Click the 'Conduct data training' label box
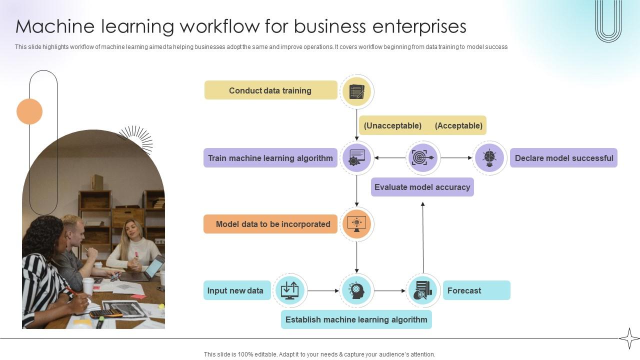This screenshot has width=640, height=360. point(270,90)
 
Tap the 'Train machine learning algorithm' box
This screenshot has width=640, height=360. point(270,158)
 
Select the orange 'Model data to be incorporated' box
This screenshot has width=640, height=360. point(270,224)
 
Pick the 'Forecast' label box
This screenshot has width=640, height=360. point(476,290)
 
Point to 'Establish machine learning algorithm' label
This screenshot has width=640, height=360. point(356,319)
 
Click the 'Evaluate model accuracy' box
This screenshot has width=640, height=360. point(422,187)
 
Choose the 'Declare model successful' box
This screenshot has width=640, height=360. point(563,158)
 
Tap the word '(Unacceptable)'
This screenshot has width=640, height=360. point(392,125)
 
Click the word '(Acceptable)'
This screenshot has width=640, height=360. point(458,125)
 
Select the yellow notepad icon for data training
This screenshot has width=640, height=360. point(356,91)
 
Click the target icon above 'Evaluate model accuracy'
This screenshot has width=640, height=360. point(423,158)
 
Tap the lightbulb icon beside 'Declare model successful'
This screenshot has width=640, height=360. point(489,158)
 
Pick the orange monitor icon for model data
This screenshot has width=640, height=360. point(356,223)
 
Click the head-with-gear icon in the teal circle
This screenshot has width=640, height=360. point(356,290)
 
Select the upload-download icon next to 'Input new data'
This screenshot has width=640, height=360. point(289,290)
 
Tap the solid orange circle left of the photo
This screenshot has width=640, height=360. point(29,111)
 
